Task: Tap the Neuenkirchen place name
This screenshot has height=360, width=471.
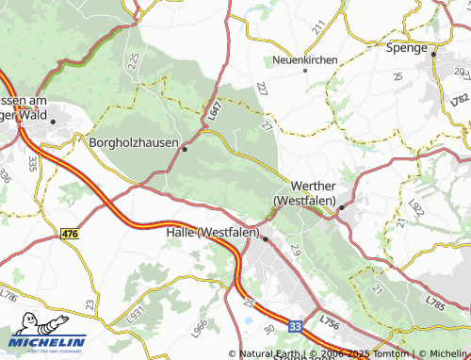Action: click(303, 59)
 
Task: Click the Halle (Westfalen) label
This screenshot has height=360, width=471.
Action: click(212, 232)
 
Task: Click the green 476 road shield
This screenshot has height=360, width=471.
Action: click(68, 232)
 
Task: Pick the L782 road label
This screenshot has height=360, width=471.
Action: click(460, 98)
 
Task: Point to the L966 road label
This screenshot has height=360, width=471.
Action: click(199, 327)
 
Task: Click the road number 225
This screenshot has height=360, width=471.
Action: click(135, 60)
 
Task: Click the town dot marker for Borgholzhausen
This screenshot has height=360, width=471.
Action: click(185, 148)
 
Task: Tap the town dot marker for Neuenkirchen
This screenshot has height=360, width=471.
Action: click(304, 70)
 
